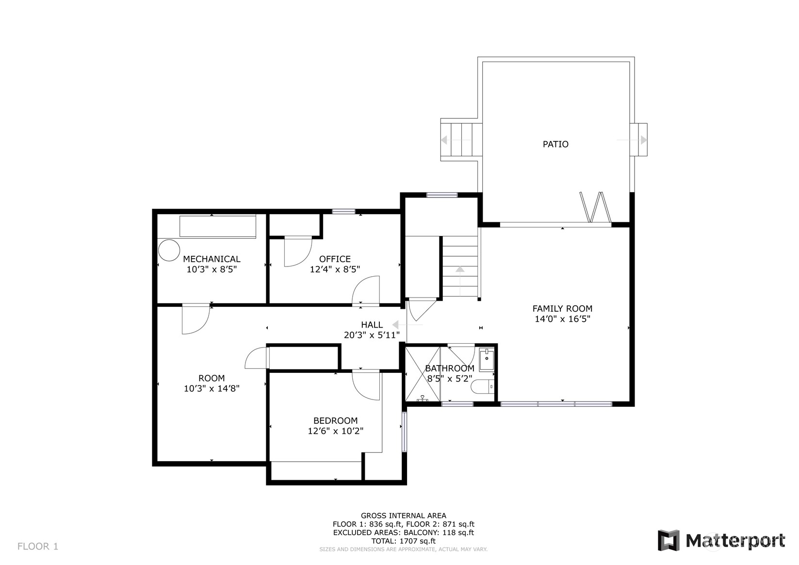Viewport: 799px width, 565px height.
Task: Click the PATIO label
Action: pos(555,144)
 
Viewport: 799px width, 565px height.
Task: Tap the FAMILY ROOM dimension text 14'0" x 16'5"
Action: pos(562,319)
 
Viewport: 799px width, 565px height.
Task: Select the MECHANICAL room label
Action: pos(212,259)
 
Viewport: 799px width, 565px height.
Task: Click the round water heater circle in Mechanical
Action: pos(169,250)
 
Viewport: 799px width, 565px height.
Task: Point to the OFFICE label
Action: pos(335,259)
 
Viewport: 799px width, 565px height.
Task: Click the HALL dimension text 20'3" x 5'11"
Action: pos(372,335)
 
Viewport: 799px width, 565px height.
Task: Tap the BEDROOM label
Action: pos(335,421)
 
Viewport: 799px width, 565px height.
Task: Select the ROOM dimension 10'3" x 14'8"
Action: pos(212,388)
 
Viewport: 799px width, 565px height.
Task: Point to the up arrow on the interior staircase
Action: pos(459,269)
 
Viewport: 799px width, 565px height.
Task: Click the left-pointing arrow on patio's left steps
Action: pos(444,140)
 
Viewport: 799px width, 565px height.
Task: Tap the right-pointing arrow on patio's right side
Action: pos(643,140)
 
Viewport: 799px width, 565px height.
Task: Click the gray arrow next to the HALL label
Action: pos(396,325)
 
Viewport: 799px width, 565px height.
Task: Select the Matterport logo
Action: pos(721,540)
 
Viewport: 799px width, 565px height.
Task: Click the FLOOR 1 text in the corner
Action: pos(38,547)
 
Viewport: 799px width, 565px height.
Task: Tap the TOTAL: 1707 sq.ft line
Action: pos(403,541)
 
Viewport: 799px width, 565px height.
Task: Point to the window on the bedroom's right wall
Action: pos(404,432)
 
